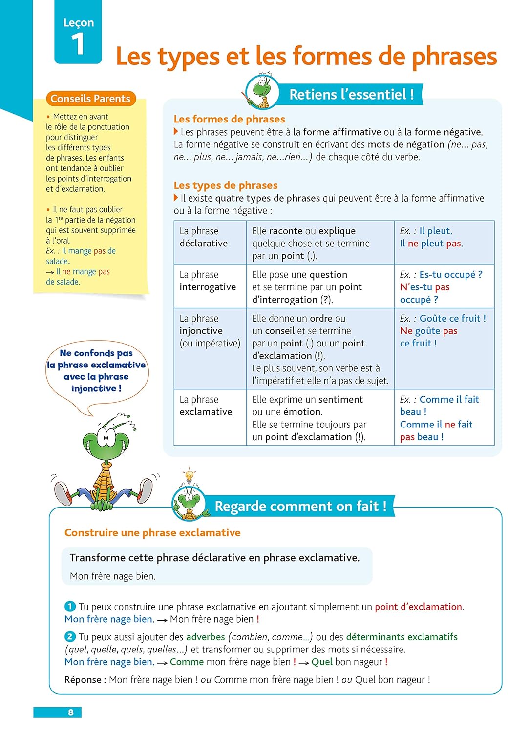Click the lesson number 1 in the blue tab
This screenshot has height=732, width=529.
[78, 44]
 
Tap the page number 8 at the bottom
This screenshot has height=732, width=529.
[71, 712]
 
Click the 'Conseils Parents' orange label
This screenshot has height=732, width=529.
[90, 99]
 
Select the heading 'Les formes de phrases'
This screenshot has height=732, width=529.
[229, 119]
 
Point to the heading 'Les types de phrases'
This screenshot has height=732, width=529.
[226, 185]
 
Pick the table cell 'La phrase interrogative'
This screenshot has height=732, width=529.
[208, 281]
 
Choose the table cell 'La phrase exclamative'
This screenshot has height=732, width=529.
[206, 406]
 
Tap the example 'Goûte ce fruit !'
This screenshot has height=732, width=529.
[452, 319]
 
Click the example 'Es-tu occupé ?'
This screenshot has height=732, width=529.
[450, 275]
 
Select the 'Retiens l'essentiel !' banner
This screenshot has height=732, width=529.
[351, 94]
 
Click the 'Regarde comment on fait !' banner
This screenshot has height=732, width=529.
[300, 507]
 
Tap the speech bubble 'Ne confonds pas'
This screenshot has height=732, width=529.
[97, 371]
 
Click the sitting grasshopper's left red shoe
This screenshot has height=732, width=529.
[63, 493]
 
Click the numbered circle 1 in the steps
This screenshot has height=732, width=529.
[70, 607]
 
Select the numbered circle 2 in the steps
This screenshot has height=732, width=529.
[70, 637]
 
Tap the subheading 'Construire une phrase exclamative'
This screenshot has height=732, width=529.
[152, 533]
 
